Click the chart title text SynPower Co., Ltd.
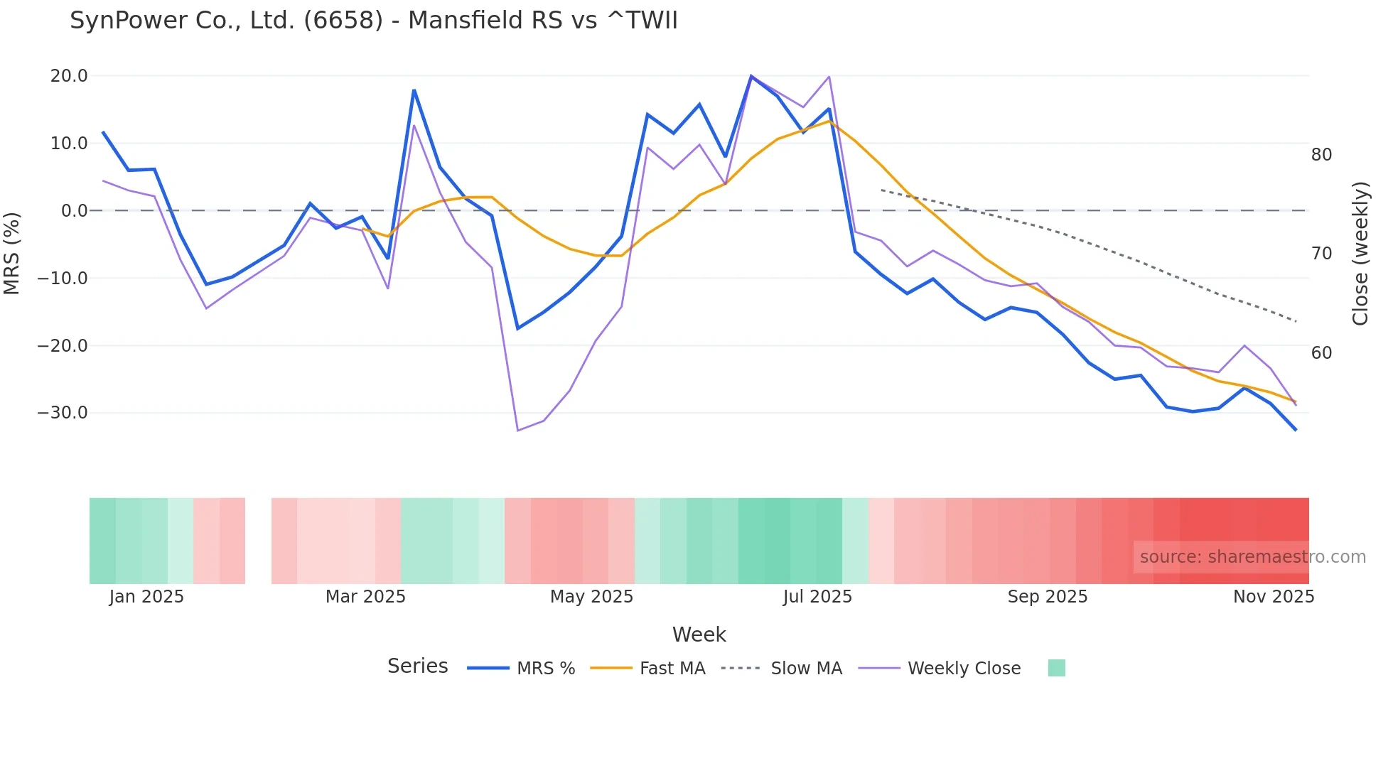pos(373,21)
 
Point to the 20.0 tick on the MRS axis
pos(69,76)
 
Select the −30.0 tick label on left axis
pos(63,413)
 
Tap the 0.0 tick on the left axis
pos(74,211)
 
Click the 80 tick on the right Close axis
pos(1321,155)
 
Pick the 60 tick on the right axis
pos(1321,353)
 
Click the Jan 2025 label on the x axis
pos(146,597)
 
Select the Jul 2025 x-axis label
pos(817,597)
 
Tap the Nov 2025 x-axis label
pos(1273,597)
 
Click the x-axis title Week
pos(699,634)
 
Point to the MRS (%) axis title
pos(12,253)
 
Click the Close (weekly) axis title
pos(1360,254)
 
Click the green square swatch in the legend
pos(1056,668)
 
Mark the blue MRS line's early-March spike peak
pos(414,90)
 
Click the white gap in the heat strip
pos(258,541)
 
